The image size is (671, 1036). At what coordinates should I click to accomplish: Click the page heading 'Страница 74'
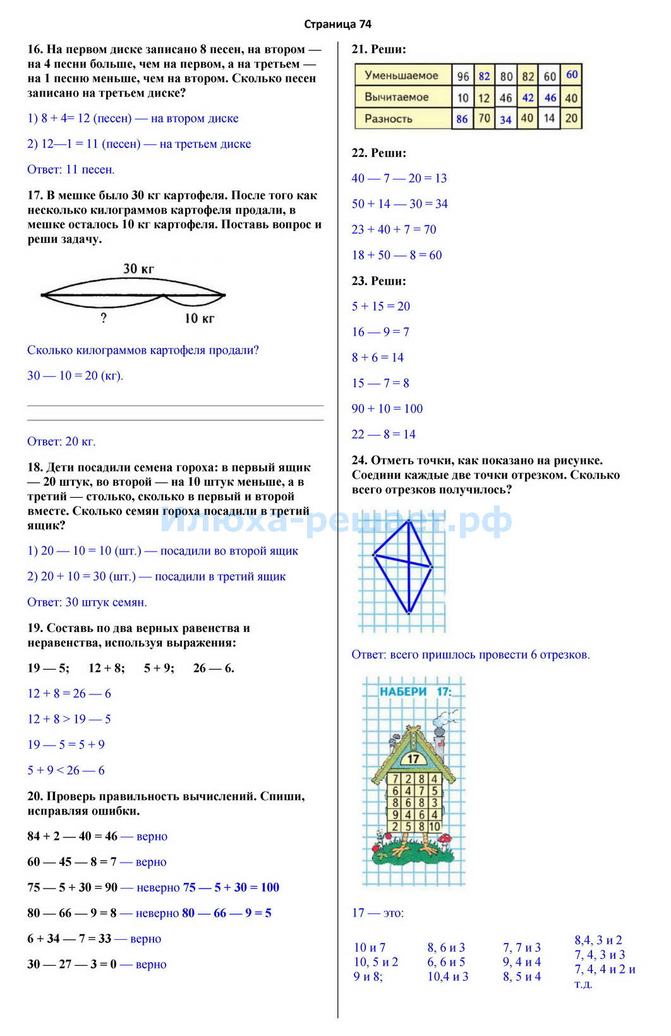point(337,24)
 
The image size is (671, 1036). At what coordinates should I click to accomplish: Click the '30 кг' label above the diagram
point(138,269)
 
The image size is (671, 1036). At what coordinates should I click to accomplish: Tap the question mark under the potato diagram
point(104,318)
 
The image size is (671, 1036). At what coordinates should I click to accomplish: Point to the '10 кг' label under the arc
point(199,319)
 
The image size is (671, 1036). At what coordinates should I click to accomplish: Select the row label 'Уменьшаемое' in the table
point(401,75)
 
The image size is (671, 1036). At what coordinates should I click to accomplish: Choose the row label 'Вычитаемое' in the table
point(396,97)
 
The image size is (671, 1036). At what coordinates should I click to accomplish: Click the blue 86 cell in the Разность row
point(462,119)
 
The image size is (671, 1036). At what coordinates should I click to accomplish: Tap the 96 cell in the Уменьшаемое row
point(463,76)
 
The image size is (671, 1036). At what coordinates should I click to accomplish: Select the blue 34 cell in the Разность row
point(505,120)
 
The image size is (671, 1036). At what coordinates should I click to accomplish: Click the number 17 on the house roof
point(413,758)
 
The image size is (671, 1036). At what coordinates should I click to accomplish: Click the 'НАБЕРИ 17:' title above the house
point(415,691)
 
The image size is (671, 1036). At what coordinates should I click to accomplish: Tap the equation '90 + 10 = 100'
point(387,409)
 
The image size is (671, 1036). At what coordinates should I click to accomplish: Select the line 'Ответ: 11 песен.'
point(71,170)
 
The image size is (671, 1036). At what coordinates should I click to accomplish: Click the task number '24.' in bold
point(360,460)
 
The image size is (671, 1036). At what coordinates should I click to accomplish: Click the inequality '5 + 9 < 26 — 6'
point(66,770)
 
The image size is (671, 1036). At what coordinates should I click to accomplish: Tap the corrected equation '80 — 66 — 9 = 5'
point(227,913)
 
